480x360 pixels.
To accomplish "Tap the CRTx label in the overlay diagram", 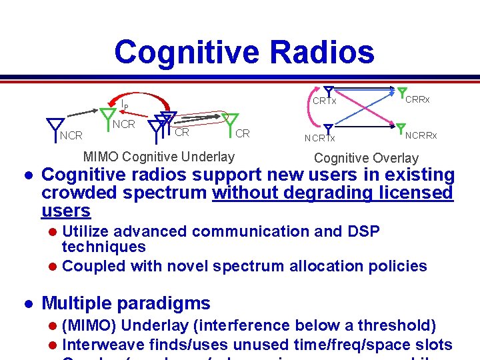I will pos(325,101).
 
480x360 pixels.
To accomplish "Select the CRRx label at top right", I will pos(417,99).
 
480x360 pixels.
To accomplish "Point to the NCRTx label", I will pos(320,138).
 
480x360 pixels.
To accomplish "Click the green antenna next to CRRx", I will pos(401,94).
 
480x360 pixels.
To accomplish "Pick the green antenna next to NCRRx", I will pos(400,128).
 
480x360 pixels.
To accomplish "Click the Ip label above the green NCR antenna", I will pos(124,104).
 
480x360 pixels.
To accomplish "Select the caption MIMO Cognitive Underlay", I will pos(159,157).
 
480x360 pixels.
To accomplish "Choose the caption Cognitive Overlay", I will pos(366,158).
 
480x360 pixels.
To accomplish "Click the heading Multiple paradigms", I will pos(126,303).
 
